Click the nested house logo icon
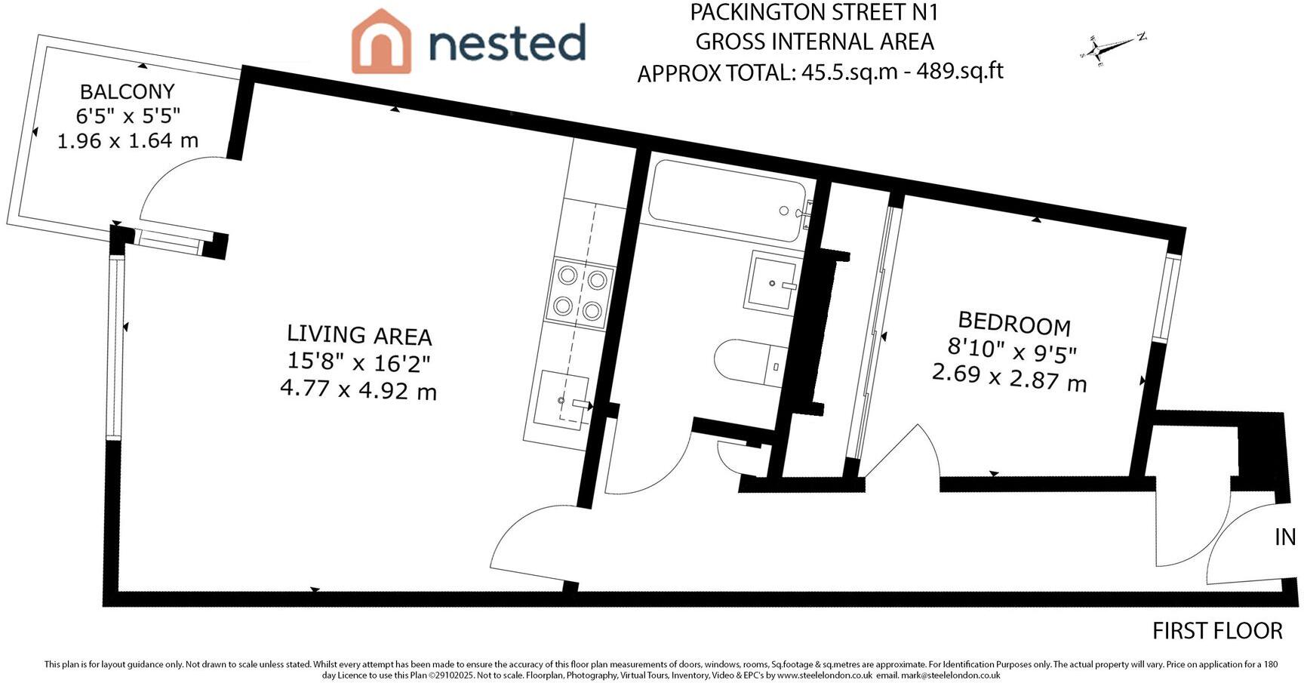pyautogui.click(x=381, y=42)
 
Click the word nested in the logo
pyautogui.click(x=507, y=42)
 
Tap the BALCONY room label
pyautogui.click(x=127, y=92)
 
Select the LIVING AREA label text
pyautogui.click(x=359, y=334)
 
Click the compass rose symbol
pyautogui.click(x=1111, y=48)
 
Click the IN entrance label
pyautogui.click(x=1285, y=537)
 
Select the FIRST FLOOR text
pyautogui.click(x=1216, y=631)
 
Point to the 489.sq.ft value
pyautogui.click(x=959, y=71)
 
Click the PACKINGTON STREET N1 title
pyautogui.click(x=814, y=13)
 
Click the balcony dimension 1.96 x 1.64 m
pyautogui.click(x=128, y=140)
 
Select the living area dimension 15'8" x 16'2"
pyautogui.click(x=358, y=362)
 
